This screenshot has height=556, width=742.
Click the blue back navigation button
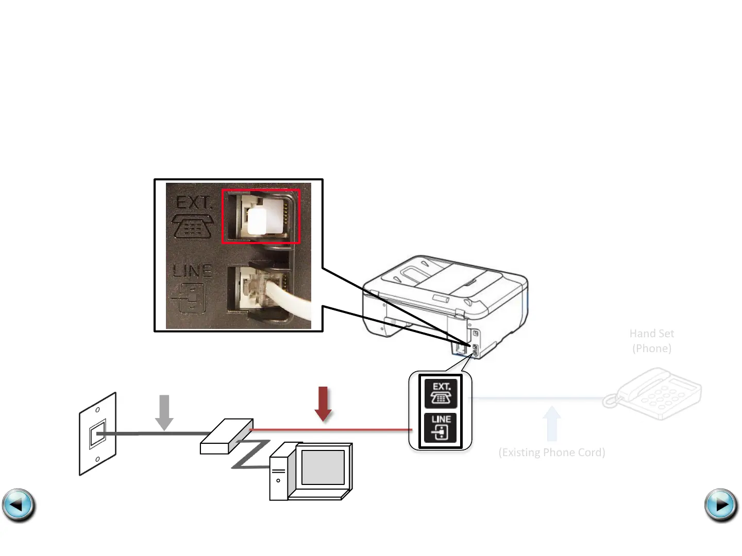pyautogui.click(x=19, y=505)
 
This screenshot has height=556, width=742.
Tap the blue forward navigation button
pyautogui.click(x=721, y=505)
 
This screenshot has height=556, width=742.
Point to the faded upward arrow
pyautogui.click(x=552, y=423)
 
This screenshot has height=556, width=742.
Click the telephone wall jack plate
pyautogui.click(x=97, y=434)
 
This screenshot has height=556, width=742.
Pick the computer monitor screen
pyautogui.click(x=323, y=467)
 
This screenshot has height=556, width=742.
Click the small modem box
pyautogui.click(x=226, y=437)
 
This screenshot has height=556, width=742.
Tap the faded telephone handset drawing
pyautogui.click(x=654, y=394)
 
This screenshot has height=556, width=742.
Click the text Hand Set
pyautogui.click(x=652, y=334)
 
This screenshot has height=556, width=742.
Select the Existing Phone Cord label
pyautogui.click(x=552, y=453)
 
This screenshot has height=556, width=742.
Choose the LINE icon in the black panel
pyautogui.click(x=441, y=427)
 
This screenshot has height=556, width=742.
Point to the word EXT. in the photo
pyautogui.click(x=194, y=202)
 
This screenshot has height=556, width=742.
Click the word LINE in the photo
pyautogui.click(x=192, y=270)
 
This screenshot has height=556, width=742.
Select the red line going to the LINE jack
pyautogui.click(x=330, y=429)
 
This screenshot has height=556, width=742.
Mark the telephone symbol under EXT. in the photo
pyautogui.click(x=192, y=227)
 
